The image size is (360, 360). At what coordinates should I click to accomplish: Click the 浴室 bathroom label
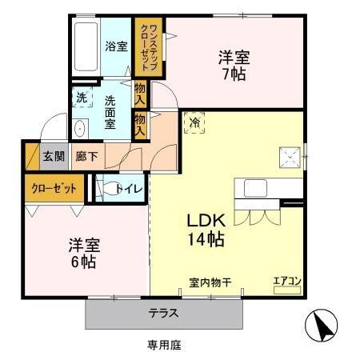[117, 46]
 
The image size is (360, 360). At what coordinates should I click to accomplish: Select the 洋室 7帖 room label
[234, 66]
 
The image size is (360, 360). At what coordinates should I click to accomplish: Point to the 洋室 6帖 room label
[82, 253]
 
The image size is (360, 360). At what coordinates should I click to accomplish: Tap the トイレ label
[129, 189]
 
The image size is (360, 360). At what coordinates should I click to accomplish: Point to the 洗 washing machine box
[82, 98]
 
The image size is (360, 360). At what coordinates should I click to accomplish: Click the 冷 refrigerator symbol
[195, 122]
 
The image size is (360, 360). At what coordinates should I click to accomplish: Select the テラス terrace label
[163, 313]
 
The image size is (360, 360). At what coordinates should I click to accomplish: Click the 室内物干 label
[210, 282]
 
